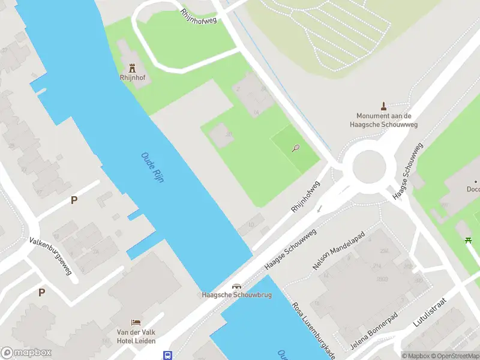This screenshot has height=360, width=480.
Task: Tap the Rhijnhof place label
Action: (132, 77)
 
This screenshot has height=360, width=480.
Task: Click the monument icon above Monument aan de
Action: (384, 106)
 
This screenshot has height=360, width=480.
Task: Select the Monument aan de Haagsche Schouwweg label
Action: (384, 120)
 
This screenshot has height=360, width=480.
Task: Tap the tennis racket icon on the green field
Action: (296, 148)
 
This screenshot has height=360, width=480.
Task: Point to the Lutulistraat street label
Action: (430, 314)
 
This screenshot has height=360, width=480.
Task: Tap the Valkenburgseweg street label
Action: (51, 256)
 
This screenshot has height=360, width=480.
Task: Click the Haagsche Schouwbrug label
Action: (237, 295)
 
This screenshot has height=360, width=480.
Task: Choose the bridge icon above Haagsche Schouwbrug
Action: (237, 286)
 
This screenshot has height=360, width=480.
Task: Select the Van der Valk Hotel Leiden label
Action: (136, 337)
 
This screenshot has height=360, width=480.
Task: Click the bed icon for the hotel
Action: (136, 323)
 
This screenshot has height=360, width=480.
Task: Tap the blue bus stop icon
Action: (167, 355)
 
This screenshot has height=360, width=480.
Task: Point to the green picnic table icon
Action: (468, 241)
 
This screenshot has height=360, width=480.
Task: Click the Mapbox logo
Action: (26, 353)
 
